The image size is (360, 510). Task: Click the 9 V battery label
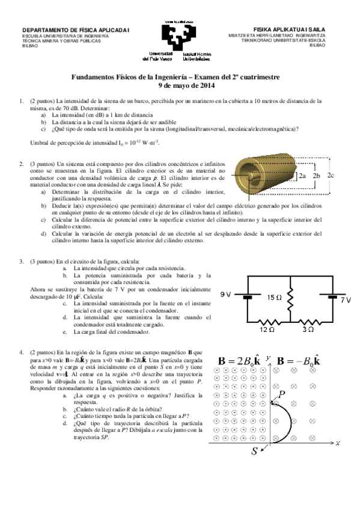click(225, 295)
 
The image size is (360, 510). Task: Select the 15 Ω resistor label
click(274, 297)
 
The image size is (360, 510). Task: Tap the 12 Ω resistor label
click(267, 329)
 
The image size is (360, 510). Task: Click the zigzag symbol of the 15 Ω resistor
click(290, 296)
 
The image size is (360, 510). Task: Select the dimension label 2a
click(302, 177)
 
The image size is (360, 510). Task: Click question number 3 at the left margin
click(22, 262)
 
